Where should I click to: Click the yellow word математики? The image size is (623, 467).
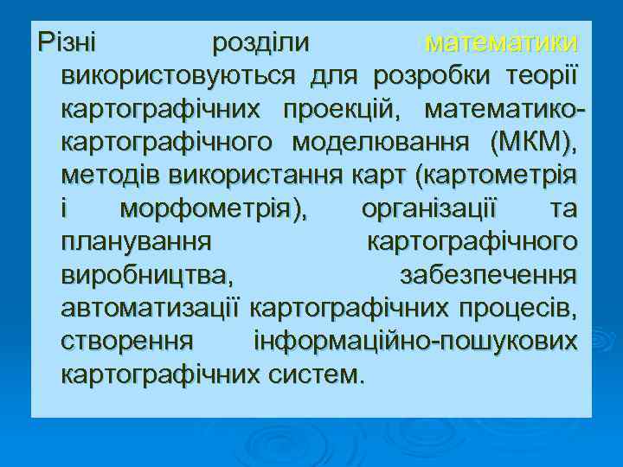coord(502,42)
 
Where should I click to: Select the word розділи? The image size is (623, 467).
coord(262,42)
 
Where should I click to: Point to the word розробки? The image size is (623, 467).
coord(436,75)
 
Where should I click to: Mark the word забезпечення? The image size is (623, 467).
coord(489,275)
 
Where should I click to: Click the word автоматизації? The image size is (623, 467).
coord(151,308)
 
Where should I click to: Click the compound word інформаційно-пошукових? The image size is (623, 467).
coord(415,341)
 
